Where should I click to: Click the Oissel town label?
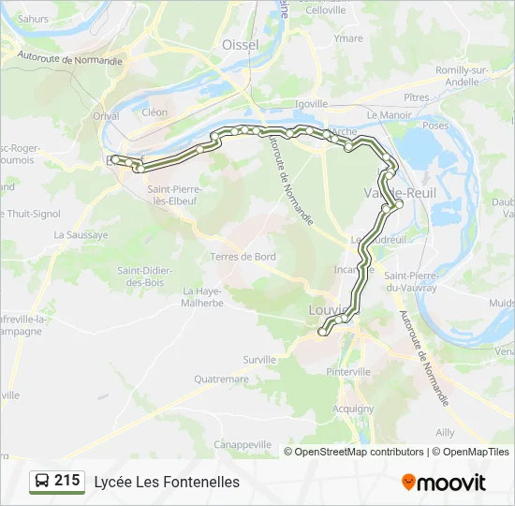pos(241,45)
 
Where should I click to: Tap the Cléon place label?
pos(154,112)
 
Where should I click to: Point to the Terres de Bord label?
pos(243,257)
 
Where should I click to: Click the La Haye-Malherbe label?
pos(202,296)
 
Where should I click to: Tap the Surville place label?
pos(259,359)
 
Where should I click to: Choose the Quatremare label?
pos(222,379)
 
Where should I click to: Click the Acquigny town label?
pos(353,409)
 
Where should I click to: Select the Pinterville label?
pos(349,372)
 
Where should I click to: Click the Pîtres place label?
pos(416,97)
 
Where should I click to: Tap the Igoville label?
pos(312,104)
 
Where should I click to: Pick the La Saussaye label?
pos(81,235)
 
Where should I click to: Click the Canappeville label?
pos(243,444)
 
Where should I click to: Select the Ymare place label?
pos(348,38)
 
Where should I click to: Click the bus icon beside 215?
pos(42,481)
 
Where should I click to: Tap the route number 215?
pos(67,481)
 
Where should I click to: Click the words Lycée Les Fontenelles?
pos(167,482)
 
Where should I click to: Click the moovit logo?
pos(444,482)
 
